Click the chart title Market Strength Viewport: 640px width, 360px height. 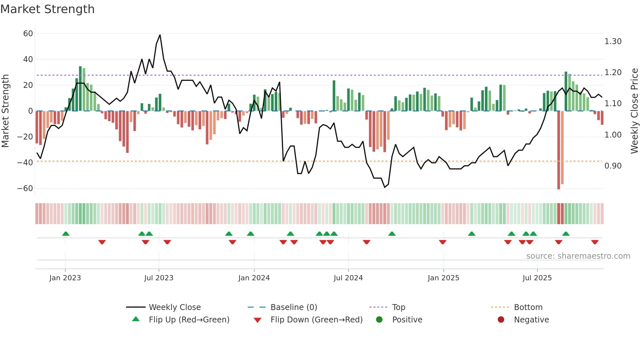(47, 9)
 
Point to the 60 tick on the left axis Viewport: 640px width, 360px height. (28, 34)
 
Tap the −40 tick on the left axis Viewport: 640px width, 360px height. (25, 163)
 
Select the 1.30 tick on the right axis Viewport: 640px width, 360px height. (613, 41)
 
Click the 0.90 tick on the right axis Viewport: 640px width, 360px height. (613, 166)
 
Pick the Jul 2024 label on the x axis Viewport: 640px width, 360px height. (348, 278)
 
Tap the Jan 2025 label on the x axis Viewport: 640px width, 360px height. (443, 278)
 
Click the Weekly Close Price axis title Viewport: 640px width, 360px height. (634, 111)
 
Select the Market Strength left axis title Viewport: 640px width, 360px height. (5, 111)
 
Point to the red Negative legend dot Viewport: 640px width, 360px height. (501, 320)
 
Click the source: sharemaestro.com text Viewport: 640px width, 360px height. (578, 256)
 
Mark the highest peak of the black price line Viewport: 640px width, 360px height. (160, 35)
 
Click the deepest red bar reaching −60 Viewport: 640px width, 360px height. (559, 150)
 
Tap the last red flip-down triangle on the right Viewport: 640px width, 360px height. (595, 242)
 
